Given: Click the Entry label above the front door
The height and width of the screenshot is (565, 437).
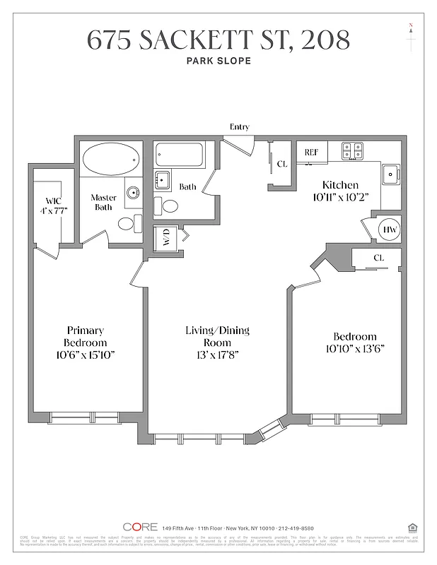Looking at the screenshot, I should [x=240, y=126].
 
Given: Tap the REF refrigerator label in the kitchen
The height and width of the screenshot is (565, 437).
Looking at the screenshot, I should [x=311, y=152].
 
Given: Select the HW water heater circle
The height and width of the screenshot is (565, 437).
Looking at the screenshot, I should [x=390, y=229].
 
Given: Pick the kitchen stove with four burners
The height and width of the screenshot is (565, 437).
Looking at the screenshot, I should [x=353, y=150].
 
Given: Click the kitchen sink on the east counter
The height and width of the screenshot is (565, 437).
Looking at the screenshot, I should [x=390, y=174].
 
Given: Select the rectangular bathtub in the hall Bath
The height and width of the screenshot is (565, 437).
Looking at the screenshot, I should [x=183, y=155].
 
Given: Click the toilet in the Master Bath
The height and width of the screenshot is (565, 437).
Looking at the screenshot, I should [x=127, y=224].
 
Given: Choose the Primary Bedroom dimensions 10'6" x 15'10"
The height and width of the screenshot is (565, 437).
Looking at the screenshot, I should [x=85, y=354].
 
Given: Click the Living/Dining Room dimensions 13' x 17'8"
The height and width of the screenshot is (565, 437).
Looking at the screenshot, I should [x=217, y=354].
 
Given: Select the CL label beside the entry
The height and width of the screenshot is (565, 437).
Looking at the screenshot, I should [x=282, y=164].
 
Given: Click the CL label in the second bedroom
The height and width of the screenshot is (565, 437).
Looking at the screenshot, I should [x=378, y=258].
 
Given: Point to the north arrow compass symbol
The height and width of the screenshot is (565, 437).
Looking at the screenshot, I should [x=410, y=35].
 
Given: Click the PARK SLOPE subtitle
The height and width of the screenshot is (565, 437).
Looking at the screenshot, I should [x=218, y=61].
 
